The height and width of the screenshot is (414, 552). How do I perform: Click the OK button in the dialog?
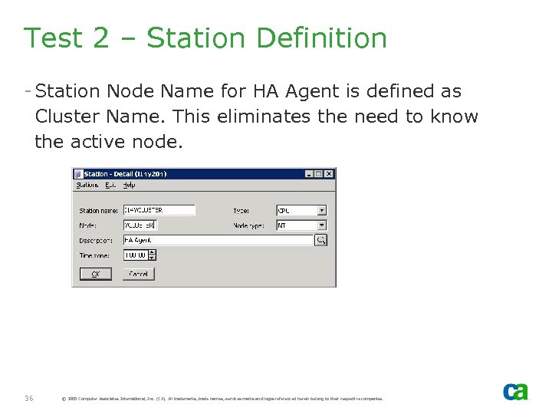96,274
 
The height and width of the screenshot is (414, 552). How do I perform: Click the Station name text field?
159,210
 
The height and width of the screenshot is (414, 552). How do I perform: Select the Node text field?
140,225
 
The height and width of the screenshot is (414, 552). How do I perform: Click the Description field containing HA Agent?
218,240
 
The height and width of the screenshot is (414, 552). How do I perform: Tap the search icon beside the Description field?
321,240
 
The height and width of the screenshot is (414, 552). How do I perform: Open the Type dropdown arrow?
322,210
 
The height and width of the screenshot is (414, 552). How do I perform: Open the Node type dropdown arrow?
322,225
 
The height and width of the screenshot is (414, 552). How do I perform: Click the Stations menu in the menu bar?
87,185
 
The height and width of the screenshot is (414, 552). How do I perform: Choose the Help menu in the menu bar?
130,185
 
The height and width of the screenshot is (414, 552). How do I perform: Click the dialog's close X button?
329,174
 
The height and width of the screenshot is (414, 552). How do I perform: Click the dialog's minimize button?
309,174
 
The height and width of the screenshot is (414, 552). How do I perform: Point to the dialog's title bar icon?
77,174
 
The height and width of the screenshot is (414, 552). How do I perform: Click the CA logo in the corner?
515,391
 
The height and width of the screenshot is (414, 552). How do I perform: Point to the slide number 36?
28,399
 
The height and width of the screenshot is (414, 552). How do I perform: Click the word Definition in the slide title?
323,38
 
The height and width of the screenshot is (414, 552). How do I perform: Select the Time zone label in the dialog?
95,255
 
